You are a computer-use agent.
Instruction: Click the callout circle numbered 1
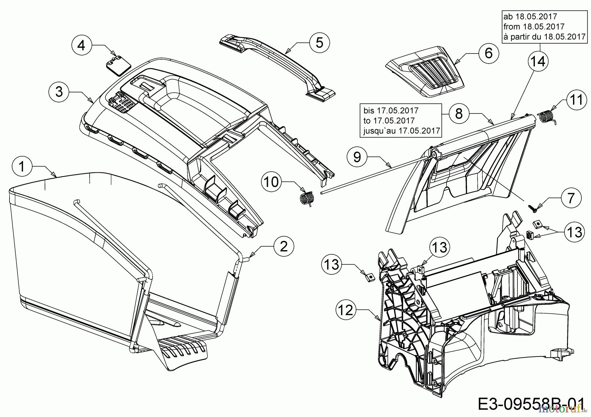[22, 167]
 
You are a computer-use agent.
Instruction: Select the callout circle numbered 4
[81, 45]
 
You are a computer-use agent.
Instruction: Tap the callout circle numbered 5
[319, 43]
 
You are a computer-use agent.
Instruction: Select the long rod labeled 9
[371, 173]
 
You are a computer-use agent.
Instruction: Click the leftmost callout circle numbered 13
[332, 264]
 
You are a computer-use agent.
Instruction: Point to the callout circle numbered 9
[357, 157]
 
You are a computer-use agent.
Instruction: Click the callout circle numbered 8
[459, 113]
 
